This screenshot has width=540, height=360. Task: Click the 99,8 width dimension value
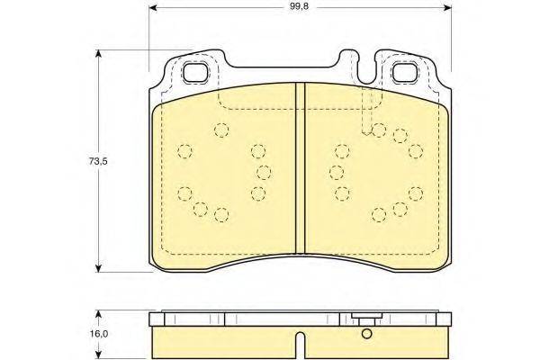click(299, 7)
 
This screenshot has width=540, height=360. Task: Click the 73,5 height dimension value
click(98, 160)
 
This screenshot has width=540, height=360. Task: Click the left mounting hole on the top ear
click(196, 72)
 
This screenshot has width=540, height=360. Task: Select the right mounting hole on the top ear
click(405, 72)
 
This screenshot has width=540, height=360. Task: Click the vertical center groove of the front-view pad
click(301, 169)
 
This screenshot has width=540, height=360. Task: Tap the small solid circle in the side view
click(366, 334)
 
